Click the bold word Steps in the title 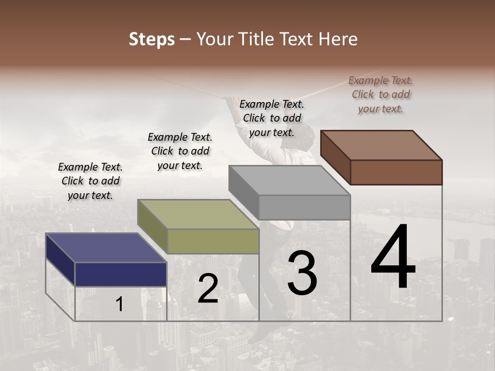pos(152,39)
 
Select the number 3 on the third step pos(302,273)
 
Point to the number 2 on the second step pos(208,289)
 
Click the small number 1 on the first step pos(120,305)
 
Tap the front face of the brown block pos(396,172)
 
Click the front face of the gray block pos(304,207)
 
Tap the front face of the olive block pos(213,241)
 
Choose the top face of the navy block pos(106,248)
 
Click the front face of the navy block pos(121,274)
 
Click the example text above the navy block pos(90,181)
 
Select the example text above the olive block pos(180,151)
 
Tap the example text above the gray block pos(272,118)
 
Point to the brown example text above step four pos(381,94)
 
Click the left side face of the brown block pos(336,158)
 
